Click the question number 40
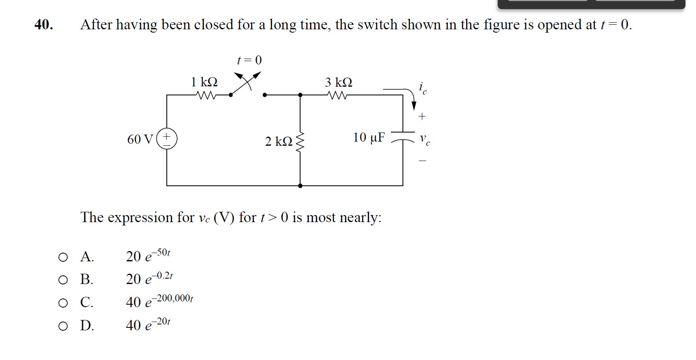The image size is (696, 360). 44,25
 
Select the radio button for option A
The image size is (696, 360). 63,258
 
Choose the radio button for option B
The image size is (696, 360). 63,280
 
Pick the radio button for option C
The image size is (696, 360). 63,303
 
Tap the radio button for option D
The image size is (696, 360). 63,327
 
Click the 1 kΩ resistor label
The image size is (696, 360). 204,82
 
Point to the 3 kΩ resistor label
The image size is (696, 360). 339,83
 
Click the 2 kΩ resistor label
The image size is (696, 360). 279,142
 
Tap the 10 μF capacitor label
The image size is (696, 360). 369,137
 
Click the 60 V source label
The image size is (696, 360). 140,140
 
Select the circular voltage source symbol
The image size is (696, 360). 167,139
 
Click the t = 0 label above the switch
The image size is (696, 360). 249,60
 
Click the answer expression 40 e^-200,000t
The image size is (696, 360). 159,301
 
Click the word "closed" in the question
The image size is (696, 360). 214,25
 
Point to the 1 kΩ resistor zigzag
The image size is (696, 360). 206,95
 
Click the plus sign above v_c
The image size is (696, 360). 422,116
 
